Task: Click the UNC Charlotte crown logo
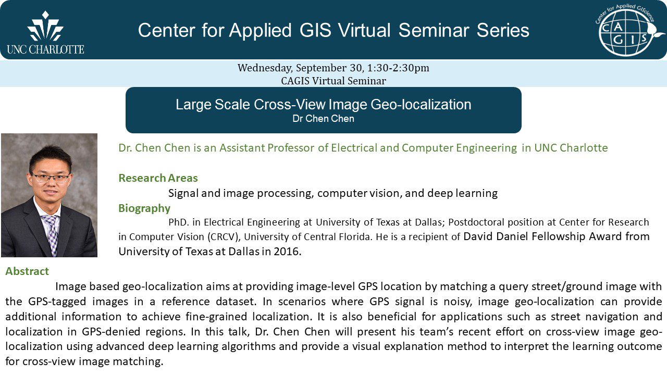click(x=45, y=27)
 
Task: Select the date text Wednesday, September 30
click(x=297, y=68)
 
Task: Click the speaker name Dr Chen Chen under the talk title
click(x=323, y=119)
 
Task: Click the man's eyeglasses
click(x=50, y=178)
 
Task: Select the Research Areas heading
click(x=158, y=178)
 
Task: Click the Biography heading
click(x=144, y=208)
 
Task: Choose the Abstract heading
click(x=27, y=271)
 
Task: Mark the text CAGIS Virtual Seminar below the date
click(x=333, y=81)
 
